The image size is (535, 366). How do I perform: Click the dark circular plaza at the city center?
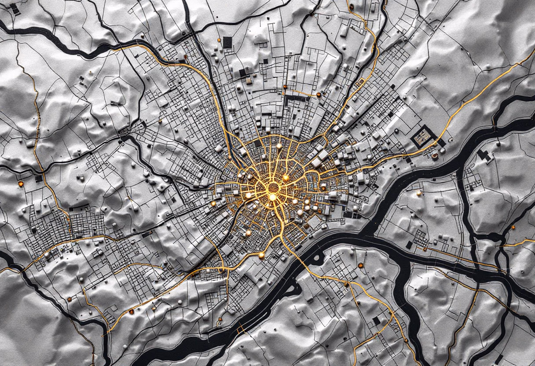click(x=273, y=188)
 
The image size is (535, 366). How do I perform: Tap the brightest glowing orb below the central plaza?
click(x=272, y=198)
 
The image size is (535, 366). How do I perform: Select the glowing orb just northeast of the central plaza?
click(x=285, y=178)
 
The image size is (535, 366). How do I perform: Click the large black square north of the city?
click(x=227, y=42)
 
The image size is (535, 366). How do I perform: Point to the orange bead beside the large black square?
click(x=219, y=40)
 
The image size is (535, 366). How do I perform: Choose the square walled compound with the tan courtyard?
click(x=423, y=137)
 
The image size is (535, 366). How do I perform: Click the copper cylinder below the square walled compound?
click(x=435, y=154)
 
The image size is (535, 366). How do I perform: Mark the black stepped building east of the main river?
click(x=484, y=155)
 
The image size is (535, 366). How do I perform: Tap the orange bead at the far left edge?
click(x=20, y=183)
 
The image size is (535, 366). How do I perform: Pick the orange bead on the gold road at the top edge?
click(x=352, y=7)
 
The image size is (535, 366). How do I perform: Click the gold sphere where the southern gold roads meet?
click(x=261, y=254)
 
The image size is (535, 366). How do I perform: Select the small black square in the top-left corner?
click(x=14, y=8)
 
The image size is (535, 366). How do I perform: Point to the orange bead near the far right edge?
click(x=513, y=227)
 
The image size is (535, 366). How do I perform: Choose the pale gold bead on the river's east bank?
click(x=418, y=193)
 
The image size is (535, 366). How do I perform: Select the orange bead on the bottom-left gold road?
click(x=131, y=312)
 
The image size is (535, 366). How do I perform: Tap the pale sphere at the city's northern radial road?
click(x=278, y=146)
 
